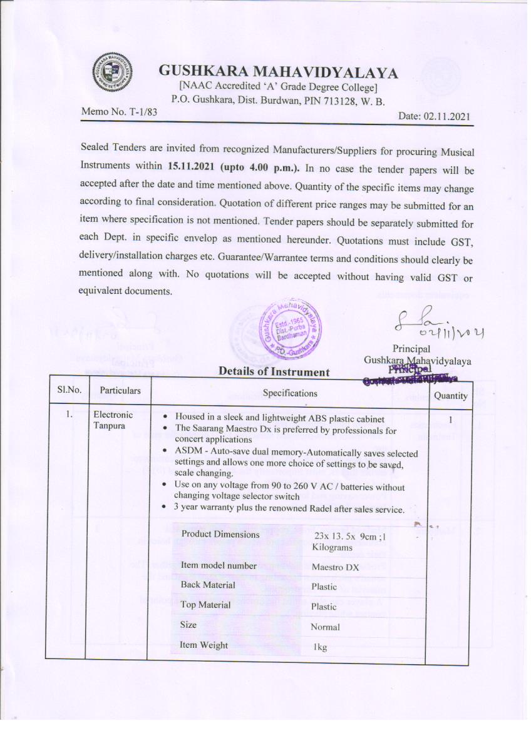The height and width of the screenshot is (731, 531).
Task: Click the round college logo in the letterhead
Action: [x=113, y=74]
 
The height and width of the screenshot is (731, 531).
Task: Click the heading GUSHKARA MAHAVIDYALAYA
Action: [x=278, y=73]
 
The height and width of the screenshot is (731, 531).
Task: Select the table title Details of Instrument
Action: [x=274, y=372]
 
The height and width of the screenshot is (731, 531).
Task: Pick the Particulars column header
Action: [x=120, y=391]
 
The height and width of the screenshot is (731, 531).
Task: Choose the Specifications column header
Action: [x=289, y=393]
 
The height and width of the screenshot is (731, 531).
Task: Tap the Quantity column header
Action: [x=450, y=395]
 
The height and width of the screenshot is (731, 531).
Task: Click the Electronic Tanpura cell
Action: [x=113, y=420]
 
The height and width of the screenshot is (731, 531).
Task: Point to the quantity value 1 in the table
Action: [x=450, y=420]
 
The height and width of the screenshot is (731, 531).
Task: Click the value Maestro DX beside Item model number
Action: [x=335, y=567]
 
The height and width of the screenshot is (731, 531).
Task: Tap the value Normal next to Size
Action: [x=325, y=627]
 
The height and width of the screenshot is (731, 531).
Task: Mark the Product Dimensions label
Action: [x=220, y=534]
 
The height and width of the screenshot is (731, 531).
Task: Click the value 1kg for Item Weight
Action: [x=320, y=647]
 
